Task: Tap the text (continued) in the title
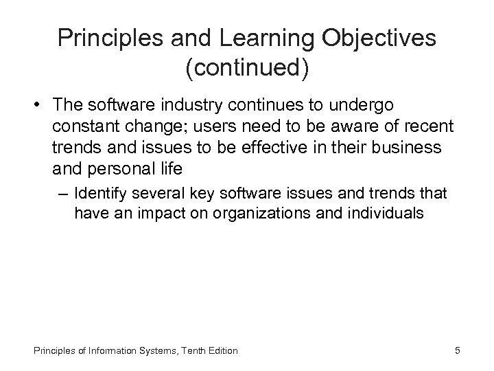point(247,67)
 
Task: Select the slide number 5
point(457,351)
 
